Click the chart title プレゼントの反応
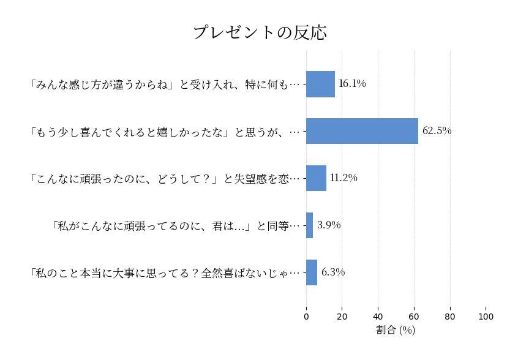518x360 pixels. click(x=260, y=32)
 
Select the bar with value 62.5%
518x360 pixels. click(x=362, y=131)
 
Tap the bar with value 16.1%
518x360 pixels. click(x=320, y=84)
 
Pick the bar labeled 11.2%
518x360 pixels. click(x=316, y=178)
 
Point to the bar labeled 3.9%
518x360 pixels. click(x=310, y=225)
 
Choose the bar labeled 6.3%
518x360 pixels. click(x=312, y=272)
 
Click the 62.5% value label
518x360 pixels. click(x=437, y=131)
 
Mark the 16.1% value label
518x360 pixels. click(x=352, y=84)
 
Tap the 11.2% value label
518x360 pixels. click(x=343, y=178)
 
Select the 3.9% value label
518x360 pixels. click(x=329, y=225)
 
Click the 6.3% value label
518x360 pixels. click(x=333, y=272)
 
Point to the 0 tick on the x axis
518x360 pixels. click(x=306, y=317)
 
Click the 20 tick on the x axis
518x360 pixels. click(x=342, y=317)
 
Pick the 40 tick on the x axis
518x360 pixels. click(x=378, y=317)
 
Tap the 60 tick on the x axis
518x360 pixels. click(x=414, y=317)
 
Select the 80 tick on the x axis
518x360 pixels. click(x=450, y=317)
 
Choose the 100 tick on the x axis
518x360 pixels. click(x=486, y=317)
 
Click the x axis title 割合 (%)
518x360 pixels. click(x=396, y=330)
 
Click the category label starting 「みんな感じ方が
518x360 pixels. click(x=164, y=84)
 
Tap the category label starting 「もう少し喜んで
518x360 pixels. click(x=164, y=131)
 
